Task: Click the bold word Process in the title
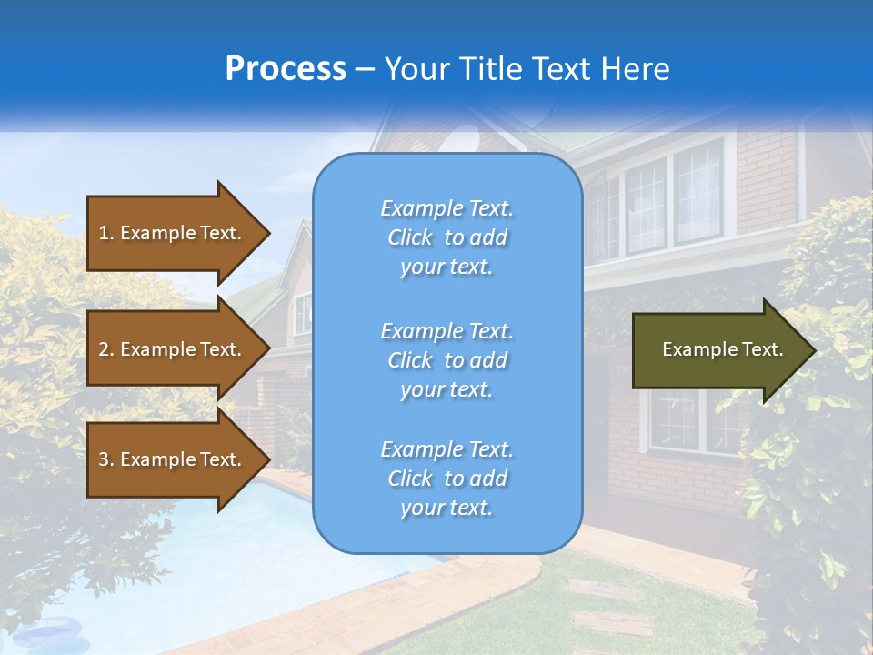pos(286,69)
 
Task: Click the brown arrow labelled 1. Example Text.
pos(173,233)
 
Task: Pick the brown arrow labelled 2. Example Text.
pos(173,349)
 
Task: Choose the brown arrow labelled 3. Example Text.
pos(173,459)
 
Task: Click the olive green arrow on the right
pos(718,350)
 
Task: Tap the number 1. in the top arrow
pos(106,233)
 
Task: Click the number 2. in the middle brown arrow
pos(106,349)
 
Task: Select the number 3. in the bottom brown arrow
pos(106,459)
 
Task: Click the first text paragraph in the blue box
pos(447,237)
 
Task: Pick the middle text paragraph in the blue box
pos(447,360)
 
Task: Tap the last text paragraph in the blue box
pos(447,479)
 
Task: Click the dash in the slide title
pos(366,70)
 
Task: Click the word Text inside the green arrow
pos(762,349)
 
